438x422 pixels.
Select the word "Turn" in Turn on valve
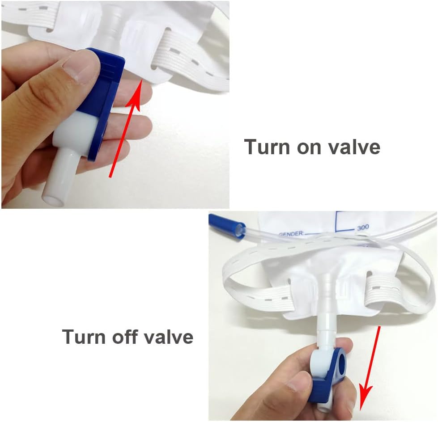[x=268, y=147]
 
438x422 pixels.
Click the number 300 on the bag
[x=363, y=228]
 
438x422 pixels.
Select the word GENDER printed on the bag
[x=291, y=234]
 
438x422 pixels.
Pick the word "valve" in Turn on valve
[x=354, y=147]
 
